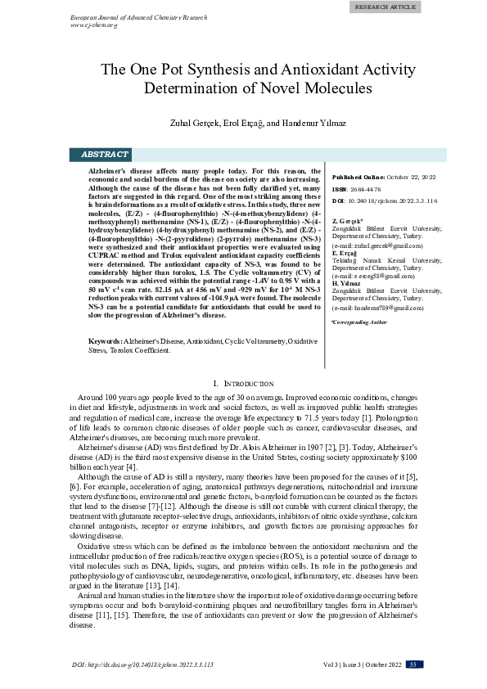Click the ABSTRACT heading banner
[x=105, y=154]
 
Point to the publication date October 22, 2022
[x=410, y=177]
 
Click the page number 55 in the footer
[x=414, y=664]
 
